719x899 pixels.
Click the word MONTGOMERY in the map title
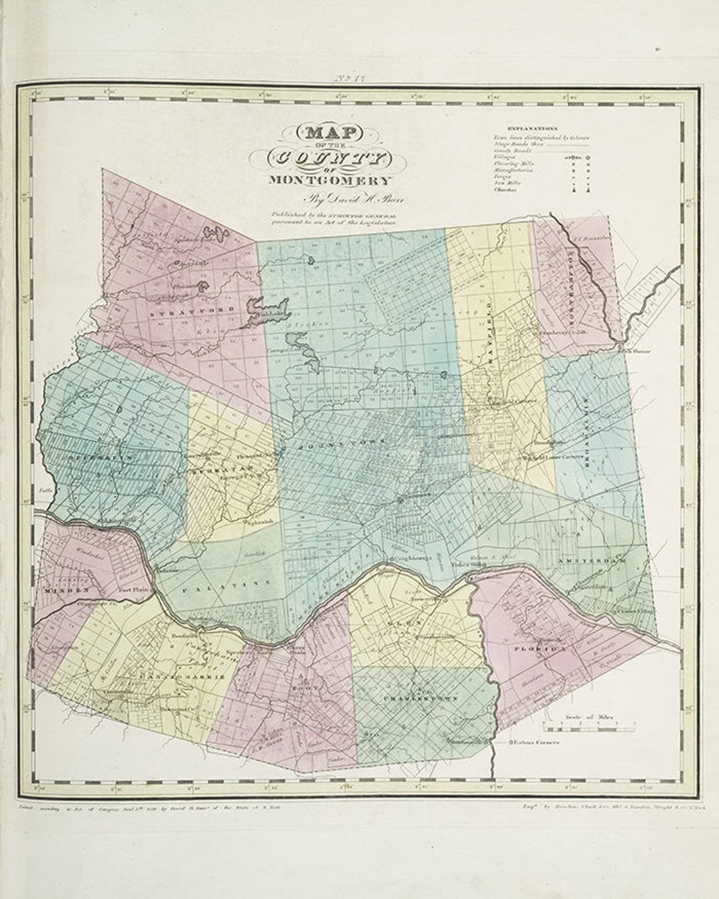(x=330, y=180)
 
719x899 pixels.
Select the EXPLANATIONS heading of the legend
(x=532, y=128)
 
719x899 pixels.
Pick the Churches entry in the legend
(x=505, y=190)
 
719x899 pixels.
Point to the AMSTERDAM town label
(x=592, y=561)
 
